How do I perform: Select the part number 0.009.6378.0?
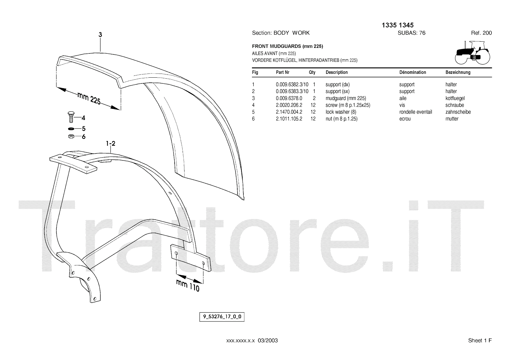pos(289,98)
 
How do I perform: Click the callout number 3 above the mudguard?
pos(100,35)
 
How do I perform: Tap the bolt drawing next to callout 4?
pos(71,117)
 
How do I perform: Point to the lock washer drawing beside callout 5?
pos(71,129)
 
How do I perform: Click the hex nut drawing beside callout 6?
pos(71,137)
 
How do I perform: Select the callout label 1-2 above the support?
pos(110,144)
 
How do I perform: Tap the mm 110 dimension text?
pos(188,286)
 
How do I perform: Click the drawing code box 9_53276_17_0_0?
pos(222,317)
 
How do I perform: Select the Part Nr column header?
pos(282,72)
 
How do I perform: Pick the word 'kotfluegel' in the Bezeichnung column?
pos(455,98)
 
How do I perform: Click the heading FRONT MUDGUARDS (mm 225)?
pos(287,46)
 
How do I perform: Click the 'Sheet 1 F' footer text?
pos(480,341)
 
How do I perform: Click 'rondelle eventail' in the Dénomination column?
pos(415,112)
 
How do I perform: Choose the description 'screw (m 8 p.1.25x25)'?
pos(348,105)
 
